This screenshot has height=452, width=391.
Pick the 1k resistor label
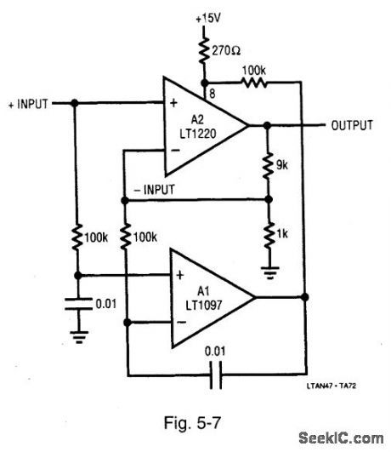coord(285,231)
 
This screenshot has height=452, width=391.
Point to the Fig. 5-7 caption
coord(190,422)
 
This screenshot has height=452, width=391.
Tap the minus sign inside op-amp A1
coord(180,322)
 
